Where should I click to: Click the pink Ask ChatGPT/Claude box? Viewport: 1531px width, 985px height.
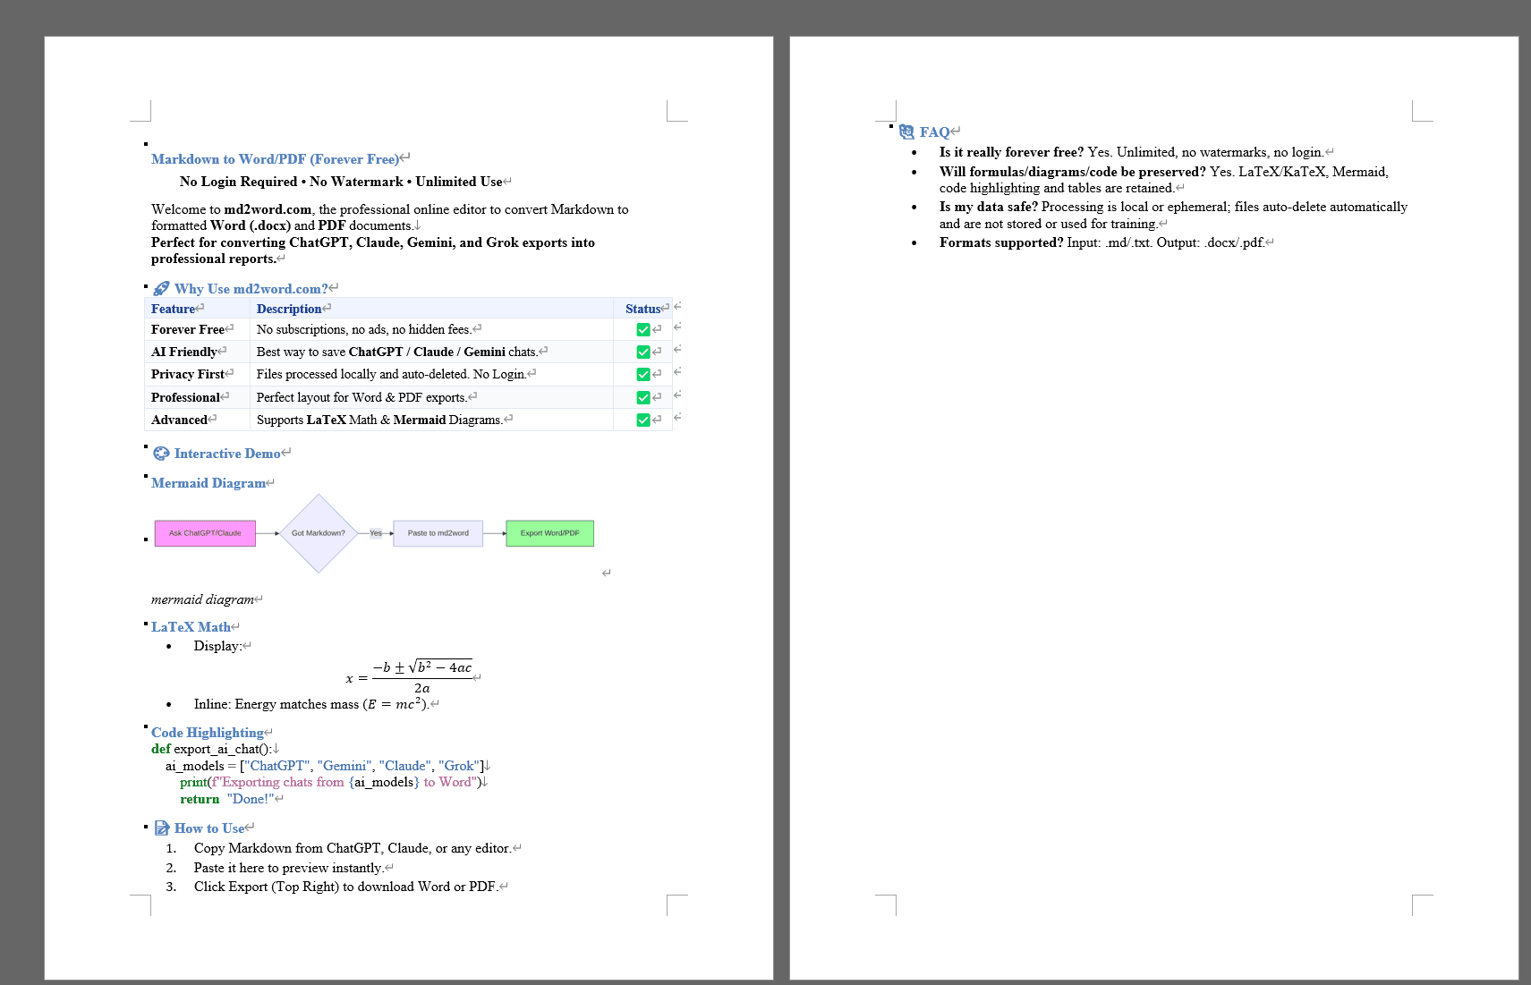click(205, 533)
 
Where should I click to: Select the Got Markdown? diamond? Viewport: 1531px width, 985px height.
click(318, 533)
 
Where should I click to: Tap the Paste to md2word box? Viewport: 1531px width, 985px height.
click(438, 533)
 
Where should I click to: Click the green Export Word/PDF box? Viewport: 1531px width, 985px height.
click(549, 533)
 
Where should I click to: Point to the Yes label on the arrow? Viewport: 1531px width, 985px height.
click(376, 533)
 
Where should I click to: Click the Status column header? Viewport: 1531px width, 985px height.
click(642, 309)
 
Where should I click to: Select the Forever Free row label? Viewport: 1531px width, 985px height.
click(188, 330)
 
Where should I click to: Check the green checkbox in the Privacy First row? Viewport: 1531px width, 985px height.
click(642, 375)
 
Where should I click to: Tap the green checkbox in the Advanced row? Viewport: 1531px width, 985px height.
click(642, 420)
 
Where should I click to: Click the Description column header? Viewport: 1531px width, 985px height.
click(288, 309)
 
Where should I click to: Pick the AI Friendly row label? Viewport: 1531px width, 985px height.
click(184, 352)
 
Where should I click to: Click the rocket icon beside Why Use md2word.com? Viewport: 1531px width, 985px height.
click(161, 289)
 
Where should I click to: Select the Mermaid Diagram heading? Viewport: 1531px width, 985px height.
click(208, 483)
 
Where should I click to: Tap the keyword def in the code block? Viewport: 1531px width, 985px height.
click(161, 749)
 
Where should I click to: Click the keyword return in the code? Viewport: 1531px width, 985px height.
click(200, 800)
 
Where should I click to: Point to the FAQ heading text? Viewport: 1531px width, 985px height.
click(934, 132)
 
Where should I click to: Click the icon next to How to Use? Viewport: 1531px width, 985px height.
click(162, 828)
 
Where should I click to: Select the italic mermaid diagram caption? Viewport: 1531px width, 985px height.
click(202, 599)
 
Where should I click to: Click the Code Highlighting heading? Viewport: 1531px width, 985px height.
click(207, 733)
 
